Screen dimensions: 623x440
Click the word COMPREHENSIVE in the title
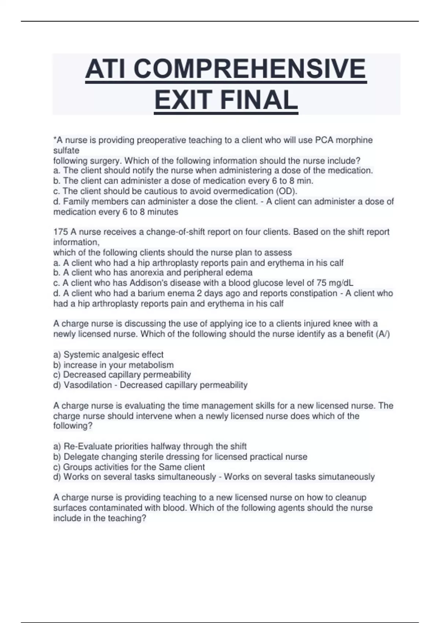tap(250, 69)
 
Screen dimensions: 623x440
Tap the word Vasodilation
tap(88, 385)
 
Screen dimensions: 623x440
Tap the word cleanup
tap(351, 497)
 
